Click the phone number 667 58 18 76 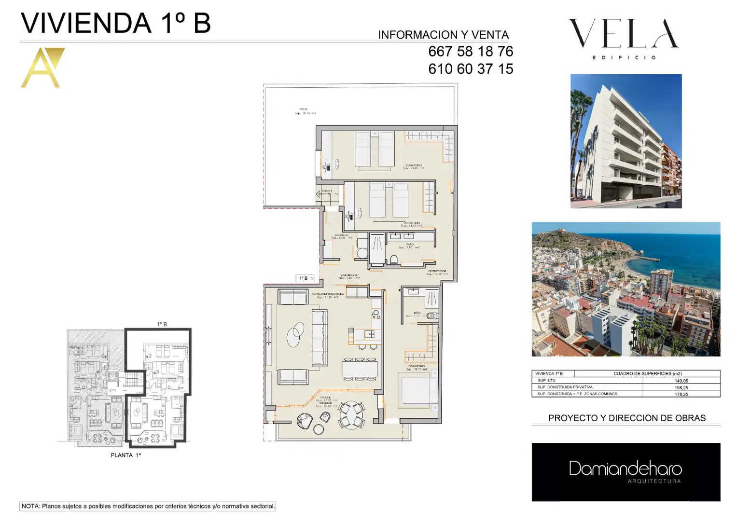pyautogui.click(x=471, y=51)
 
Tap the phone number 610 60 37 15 pyautogui.click(x=471, y=69)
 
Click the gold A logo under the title pyautogui.click(x=42, y=68)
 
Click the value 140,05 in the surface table pyautogui.click(x=681, y=381)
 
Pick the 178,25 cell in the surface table pyautogui.click(x=681, y=394)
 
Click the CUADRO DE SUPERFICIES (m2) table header pyautogui.click(x=647, y=373)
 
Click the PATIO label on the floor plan pyautogui.click(x=303, y=110)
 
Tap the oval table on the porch pyautogui.click(x=351, y=415)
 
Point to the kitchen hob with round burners pyautogui.click(x=376, y=315)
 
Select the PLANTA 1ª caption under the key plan pyautogui.click(x=125, y=455)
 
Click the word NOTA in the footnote pyautogui.click(x=30, y=506)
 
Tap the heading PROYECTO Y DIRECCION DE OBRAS pyautogui.click(x=626, y=418)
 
